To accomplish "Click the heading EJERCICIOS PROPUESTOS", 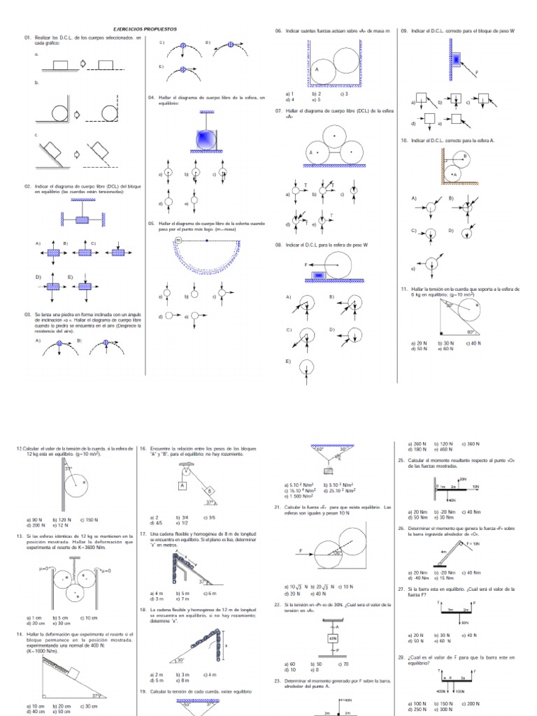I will (145, 29).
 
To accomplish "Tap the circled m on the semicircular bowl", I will (178, 240).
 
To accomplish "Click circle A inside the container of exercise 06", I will (322, 69).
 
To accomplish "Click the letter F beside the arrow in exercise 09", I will (477, 73).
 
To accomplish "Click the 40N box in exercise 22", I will (332, 638).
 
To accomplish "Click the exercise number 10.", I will (404, 141).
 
